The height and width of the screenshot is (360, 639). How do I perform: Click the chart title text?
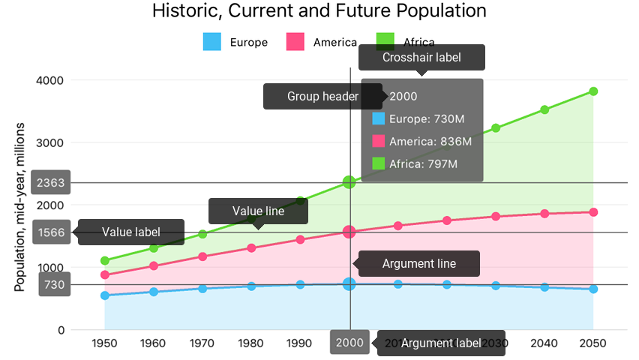coord(319,11)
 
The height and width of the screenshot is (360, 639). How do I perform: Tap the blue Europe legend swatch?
coord(212,42)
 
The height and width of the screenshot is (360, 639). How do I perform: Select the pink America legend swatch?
coord(295,42)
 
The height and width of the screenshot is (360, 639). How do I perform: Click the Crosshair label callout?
coord(421,57)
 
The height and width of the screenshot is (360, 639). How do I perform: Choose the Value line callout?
coord(258,211)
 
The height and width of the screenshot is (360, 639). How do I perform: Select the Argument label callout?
coord(441,343)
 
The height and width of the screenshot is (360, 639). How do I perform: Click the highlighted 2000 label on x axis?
coord(349,343)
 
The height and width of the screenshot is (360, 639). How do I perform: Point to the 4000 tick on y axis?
coord(50,80)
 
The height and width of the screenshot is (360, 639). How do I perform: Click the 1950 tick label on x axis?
coord(105,343)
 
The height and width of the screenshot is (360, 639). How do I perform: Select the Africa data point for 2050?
coord(593,91)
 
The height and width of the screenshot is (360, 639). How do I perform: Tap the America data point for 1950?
coord(105,275)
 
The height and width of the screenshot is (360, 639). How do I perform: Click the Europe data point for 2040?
coord(544,287)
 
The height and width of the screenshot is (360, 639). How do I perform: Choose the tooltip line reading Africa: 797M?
coord(423,163)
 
